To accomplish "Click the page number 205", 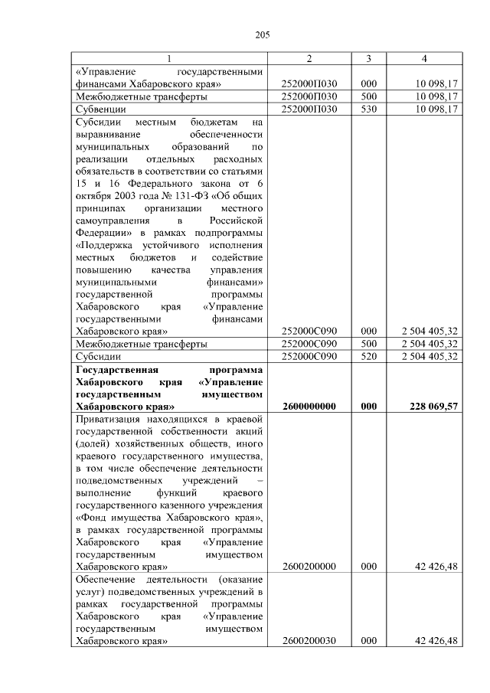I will [x=263, y=34].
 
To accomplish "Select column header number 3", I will [x=368, y=58].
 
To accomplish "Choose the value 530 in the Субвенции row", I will [x=368, y=109].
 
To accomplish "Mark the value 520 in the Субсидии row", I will [x=368, y=356].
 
